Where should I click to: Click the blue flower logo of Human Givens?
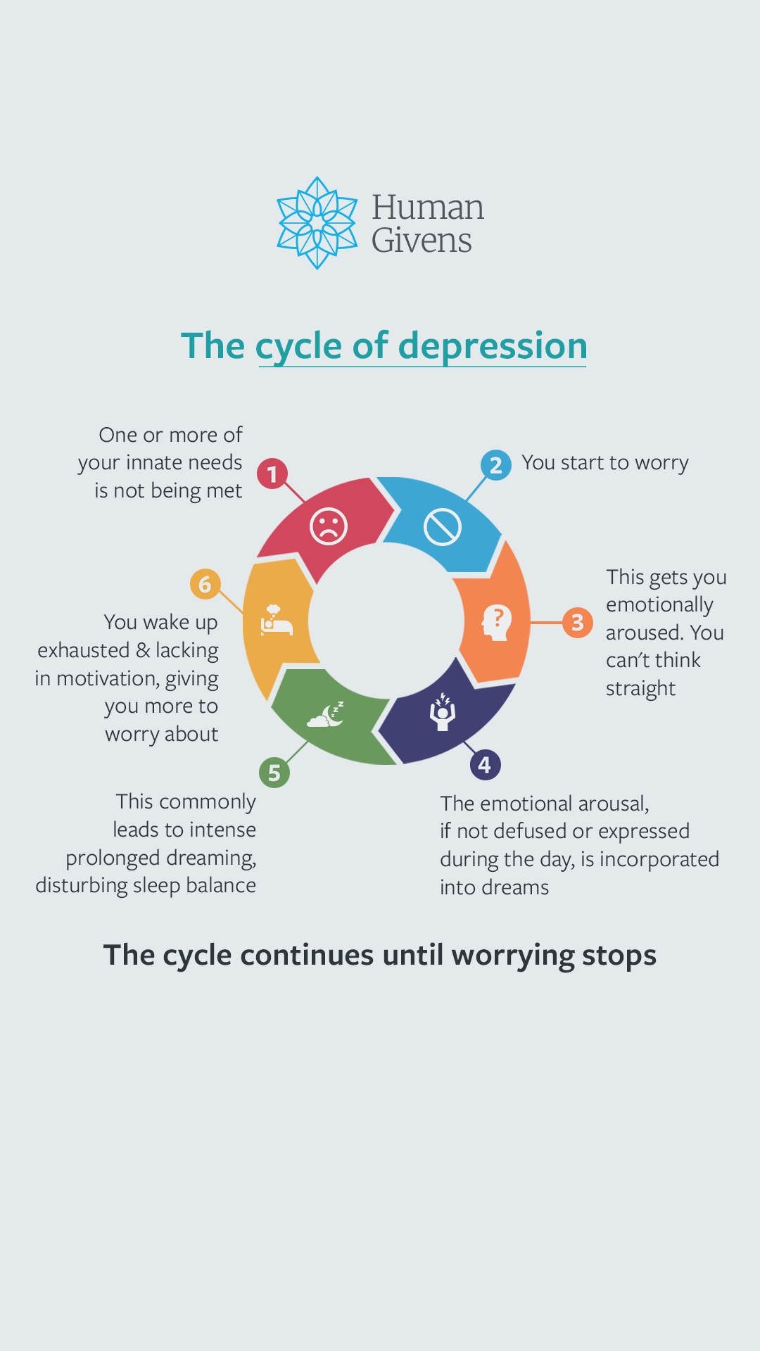[x=317, y=222]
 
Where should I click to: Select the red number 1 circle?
[x=272, y=474]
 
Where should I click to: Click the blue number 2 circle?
[x=496, y=465]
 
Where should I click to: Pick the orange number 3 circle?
[x=578, y=623]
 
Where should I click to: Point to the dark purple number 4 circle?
[x=485, y=765]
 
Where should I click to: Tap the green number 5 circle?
[x=274, y=773]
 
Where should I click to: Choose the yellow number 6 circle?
[x=205, y=584]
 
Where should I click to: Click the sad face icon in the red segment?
[x=329, y=526]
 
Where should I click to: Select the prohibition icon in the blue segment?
[x=443, y=527]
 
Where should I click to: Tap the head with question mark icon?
[x=497, y=623]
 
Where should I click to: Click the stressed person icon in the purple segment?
[x=443, y=712]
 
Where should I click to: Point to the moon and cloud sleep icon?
[x=326, y=714]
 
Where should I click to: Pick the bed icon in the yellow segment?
[x=276, y=620]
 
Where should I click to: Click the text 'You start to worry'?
[x=605, y=463]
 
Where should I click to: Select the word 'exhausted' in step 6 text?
[x=84, y=650]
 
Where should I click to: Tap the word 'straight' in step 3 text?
[x=640, y=689]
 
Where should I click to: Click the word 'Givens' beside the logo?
[x=422, y=241]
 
